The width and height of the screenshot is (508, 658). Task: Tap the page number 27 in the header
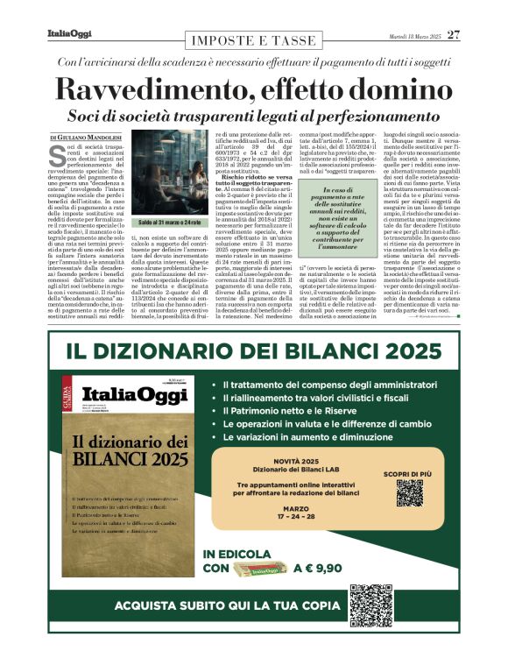point(453,35)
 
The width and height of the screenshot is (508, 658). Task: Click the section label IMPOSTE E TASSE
point(253,39)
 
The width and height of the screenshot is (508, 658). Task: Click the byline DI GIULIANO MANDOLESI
point(87,137)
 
